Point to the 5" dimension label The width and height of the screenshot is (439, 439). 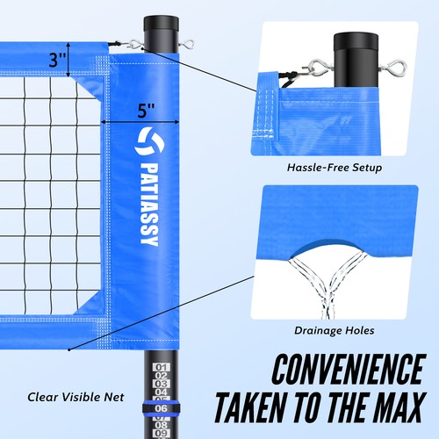[x=147, y=112]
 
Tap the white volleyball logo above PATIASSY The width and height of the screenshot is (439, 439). [x=146, y=139]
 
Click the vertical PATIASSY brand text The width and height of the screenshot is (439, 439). [x=146, y=199]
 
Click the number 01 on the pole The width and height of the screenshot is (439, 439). [x=160, y=368]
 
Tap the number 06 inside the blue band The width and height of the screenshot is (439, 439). [x=160, y=407]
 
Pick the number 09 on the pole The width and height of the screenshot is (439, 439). [x=160, y=432]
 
